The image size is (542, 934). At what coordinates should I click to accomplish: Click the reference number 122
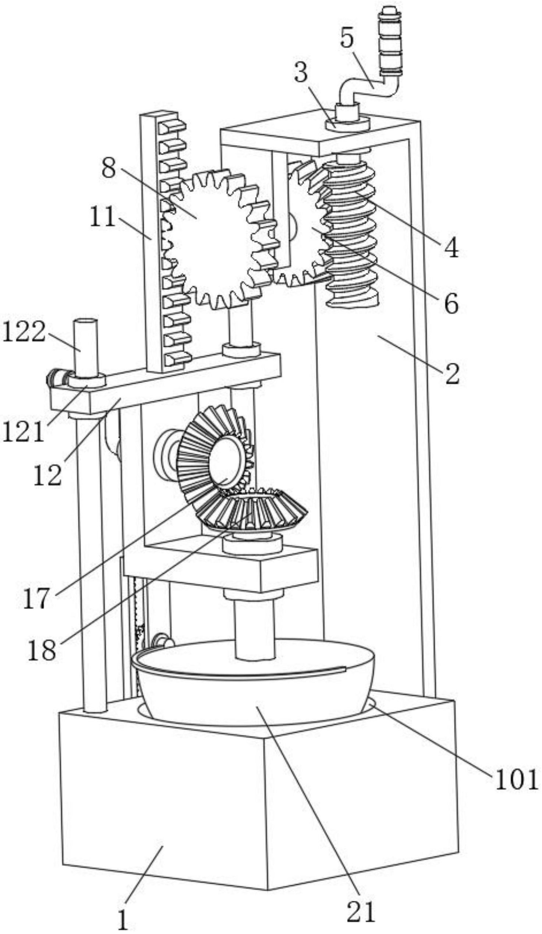point(24,332)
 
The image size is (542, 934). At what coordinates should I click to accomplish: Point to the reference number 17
point(36,598)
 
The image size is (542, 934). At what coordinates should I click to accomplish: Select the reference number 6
point(451,304)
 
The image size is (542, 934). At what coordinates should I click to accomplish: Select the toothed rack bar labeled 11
point(165,241)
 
